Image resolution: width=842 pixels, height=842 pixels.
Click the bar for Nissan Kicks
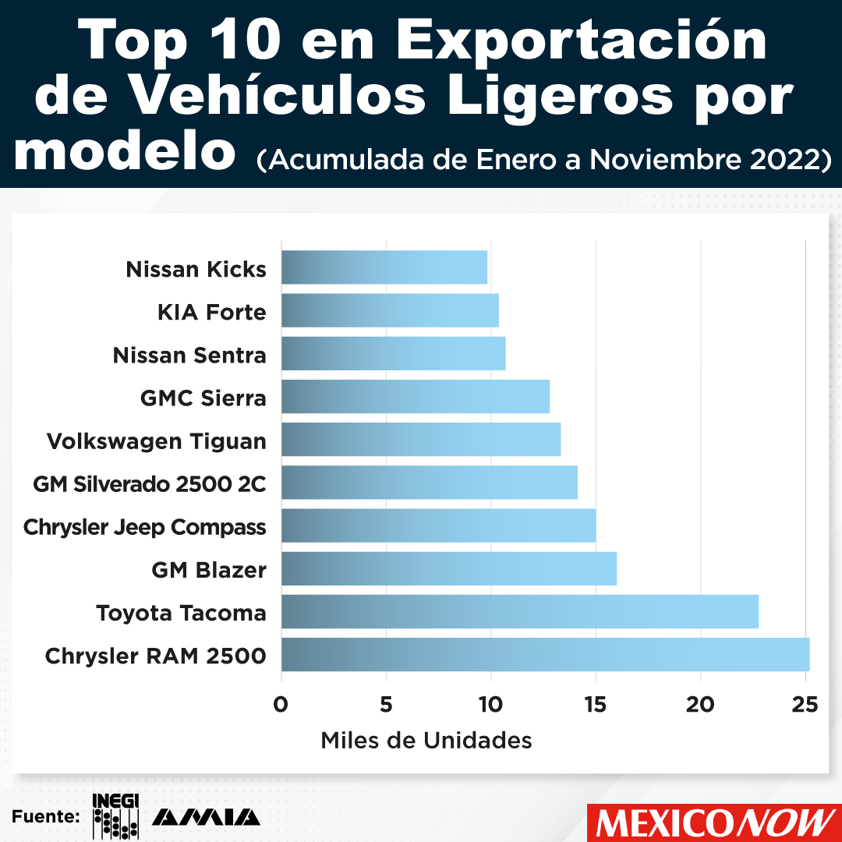(x=384, y=267)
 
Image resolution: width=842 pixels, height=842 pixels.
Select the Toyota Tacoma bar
(x=519, y=611)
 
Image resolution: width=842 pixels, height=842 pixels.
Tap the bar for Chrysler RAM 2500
(x=545, y=654)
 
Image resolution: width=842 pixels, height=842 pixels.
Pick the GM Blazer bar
(x=448, y=568)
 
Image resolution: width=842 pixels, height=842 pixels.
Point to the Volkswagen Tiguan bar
(x=420, y=440)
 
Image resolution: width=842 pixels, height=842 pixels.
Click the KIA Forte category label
(x=211, y=313)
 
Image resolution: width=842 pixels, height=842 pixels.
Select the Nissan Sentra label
(x=189, y=356)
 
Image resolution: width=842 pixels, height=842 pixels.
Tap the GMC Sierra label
(x=203, y=398)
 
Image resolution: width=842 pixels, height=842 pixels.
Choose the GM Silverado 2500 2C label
(x=149, y=484)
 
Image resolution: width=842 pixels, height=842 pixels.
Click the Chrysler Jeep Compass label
(x=144, y=527)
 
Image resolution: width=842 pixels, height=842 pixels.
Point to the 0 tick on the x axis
(x=281, y=705)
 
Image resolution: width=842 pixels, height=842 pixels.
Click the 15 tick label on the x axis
(x=596, y=705)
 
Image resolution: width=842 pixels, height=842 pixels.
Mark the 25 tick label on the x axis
(x=804, y=705)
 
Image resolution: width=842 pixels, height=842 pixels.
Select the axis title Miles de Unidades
(x=426, y=740)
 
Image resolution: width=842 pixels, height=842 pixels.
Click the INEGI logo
(x=115, y=815)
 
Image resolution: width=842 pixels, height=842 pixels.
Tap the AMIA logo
(x=206, y=817)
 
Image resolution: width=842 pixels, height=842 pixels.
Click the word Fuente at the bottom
(x=45, y=817)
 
